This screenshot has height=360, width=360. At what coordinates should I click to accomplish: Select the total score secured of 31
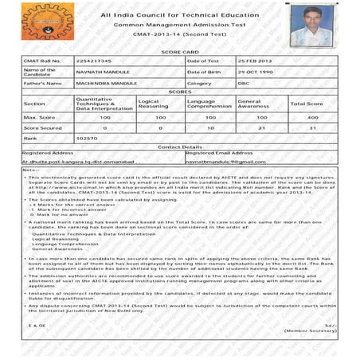click(313, 127)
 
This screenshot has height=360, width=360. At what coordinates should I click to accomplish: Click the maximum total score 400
click(313, 116)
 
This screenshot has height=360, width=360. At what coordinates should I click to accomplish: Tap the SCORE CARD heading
click(179, 52)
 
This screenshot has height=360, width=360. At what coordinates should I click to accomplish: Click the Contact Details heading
click(179, 147)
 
